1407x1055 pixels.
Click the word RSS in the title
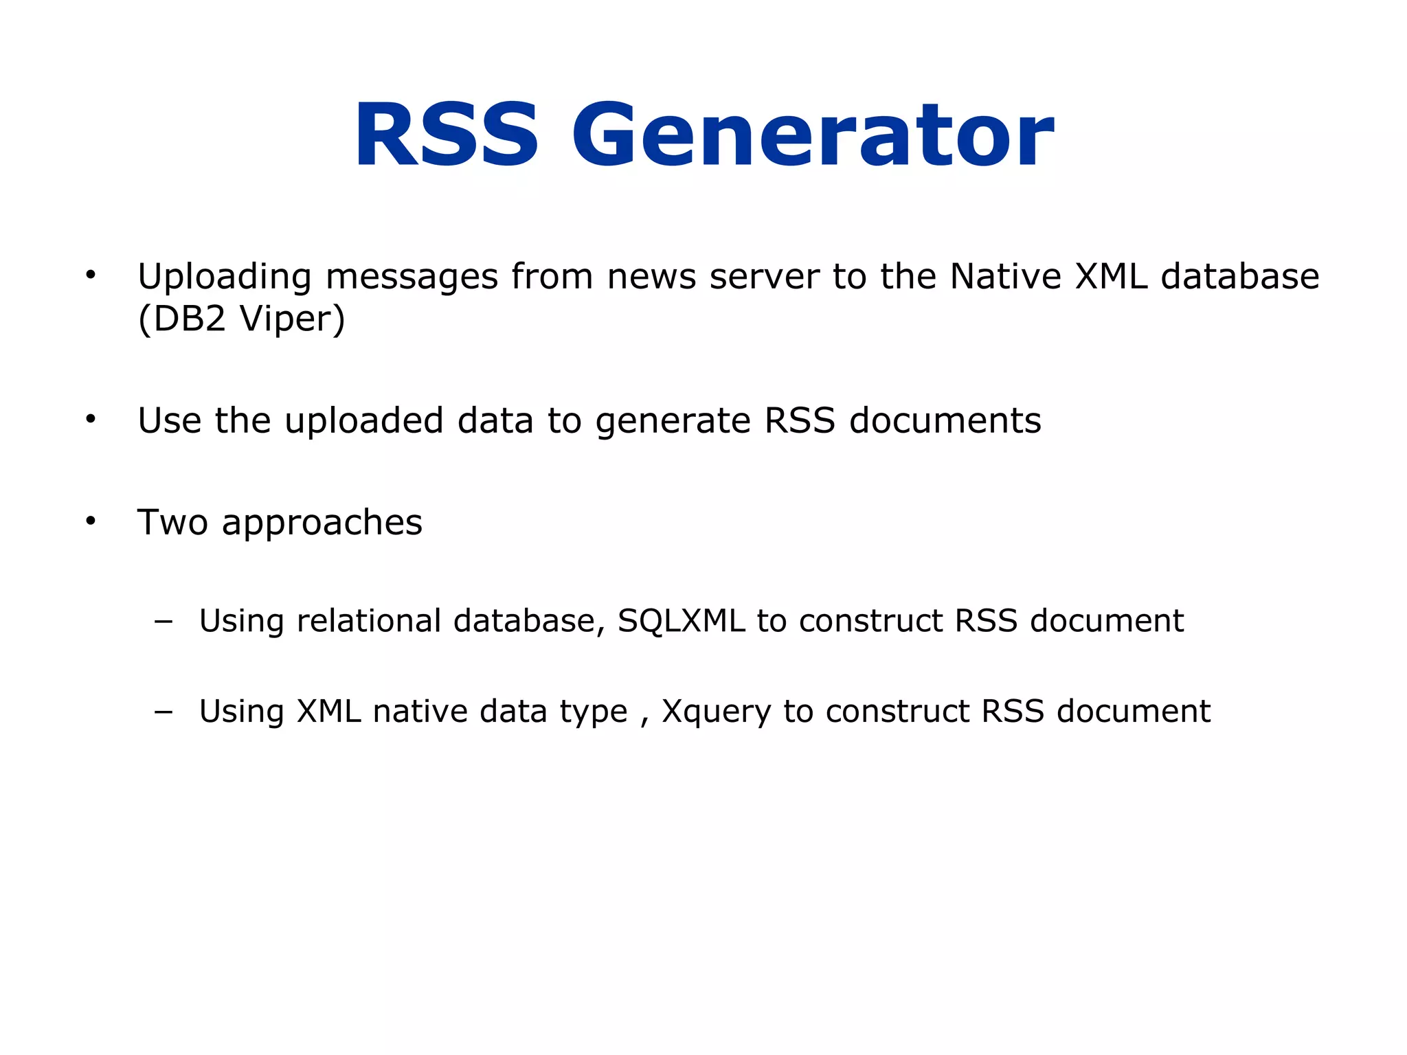click(x=446, y=135)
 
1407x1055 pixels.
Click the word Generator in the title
click(x=813, y=135)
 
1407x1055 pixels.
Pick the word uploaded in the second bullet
click(x=364, y=422)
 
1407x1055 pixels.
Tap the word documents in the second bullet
click(x=945, y=420)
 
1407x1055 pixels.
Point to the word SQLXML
click(x=681, y=622)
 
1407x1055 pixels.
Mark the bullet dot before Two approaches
click(x=91, y=521)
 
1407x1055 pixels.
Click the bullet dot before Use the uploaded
click(x=91, y=419)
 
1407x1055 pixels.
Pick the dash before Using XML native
click(x=164, y=712)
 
